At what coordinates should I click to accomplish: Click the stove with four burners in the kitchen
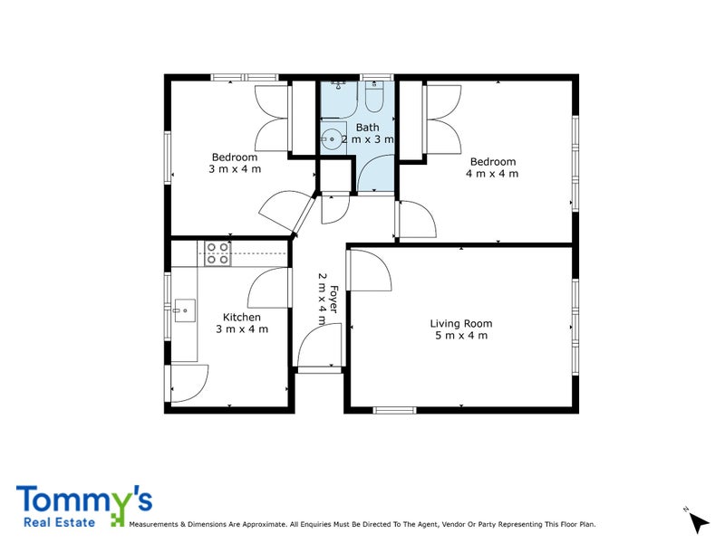click(x=217, y=253)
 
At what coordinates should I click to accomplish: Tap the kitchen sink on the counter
click(x=184, y=310)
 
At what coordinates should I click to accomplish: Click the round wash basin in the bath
click(x=332, y=138)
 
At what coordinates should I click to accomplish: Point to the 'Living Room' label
click(x=461, y=323)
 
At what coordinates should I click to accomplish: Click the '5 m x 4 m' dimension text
click(x=461, y=336)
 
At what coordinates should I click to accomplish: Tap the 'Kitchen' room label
click(x=242, y=317)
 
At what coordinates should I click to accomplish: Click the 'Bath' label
click(x=367, y=128)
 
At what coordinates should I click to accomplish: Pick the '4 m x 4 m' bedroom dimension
click(x=492, y=174)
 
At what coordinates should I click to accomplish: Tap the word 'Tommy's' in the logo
click(x=83, y=500)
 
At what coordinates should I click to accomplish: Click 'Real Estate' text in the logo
click(x=60, y=521)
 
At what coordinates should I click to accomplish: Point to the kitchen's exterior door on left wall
click(x=188, y=382)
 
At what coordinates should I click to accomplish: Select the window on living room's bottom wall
click(x=393, y=411)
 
